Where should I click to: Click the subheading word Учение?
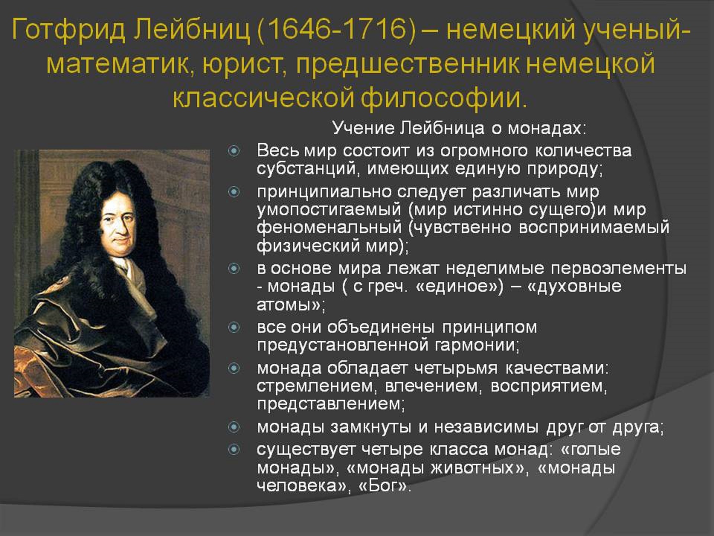point(363,128)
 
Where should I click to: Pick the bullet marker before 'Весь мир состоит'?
point(234,151)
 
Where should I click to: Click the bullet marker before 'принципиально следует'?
point(234,192)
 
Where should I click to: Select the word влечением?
point(433,386)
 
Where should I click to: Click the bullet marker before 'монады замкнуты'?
point(234,427)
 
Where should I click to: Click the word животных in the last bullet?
point(473,468)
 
